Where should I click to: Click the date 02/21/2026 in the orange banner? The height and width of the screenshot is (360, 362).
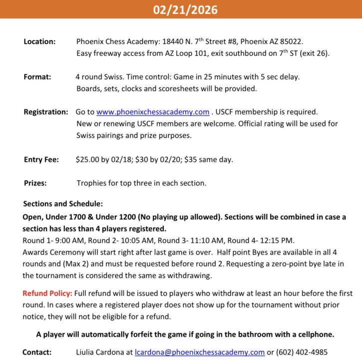[x=181, y=9]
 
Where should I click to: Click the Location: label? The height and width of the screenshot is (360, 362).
[x=39, y=41]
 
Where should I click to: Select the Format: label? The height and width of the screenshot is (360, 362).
[x=37, y=77]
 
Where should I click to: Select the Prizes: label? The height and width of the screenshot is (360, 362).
[x=35, y=183]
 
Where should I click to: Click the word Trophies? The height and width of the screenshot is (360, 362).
[x=93, y=183]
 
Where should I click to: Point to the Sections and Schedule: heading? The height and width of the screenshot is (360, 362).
[x=62, y=204]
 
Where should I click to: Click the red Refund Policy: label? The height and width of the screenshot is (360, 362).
[x=47, y=293]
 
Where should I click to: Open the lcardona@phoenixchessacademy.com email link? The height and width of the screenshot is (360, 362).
[x=200, y=352]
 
